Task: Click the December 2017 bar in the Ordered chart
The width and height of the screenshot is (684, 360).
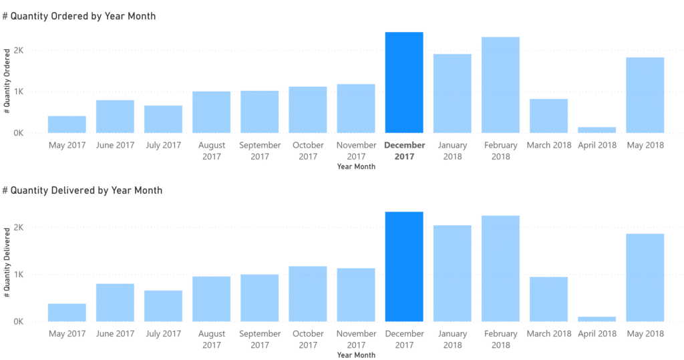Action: (x=404, y=83)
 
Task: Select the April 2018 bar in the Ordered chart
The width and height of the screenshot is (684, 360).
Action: (x=597, y=130)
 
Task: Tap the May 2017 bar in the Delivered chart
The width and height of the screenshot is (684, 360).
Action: (x=67, y=313)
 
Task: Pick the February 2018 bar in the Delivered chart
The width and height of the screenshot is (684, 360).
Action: (x=500, y=268)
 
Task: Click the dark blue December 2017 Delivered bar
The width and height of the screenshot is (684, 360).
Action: (x=404, y=267)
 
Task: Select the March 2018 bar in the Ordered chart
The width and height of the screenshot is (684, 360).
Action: (x=548, y=116)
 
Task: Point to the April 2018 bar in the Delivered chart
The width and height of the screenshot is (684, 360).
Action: (x=597, y=319)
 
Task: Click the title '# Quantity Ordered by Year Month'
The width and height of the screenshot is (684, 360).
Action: (x=79, y=16)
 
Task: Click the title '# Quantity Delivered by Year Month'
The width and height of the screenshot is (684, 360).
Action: (x=83, y=190)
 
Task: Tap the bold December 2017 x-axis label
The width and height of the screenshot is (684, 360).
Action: (x=405, y=151)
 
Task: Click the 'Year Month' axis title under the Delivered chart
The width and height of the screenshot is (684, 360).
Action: (x=356, y=355)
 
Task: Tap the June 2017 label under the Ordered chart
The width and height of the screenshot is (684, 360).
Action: (x=115, y=145)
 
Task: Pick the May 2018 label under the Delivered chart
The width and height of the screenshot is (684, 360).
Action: (x=645, y=334)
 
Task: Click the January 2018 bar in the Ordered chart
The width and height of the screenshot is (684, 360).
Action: (x=452, y=94)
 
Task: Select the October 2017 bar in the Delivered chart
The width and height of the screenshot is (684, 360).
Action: (x=308, y=294)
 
